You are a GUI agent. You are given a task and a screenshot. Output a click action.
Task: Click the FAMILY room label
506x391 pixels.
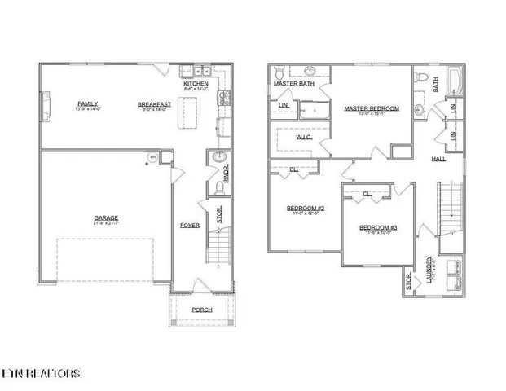(x=88, y=104)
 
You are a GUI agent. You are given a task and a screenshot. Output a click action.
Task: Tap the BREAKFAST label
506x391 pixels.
(x=153, y=104)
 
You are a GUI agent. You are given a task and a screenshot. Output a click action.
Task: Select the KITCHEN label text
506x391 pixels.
(x=196, y=84)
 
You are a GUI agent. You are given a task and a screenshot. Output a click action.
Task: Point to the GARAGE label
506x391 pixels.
(x=106, y=217)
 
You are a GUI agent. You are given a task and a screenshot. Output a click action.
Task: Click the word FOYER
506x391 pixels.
(x=189, y=225)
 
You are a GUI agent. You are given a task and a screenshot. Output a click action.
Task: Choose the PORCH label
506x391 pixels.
(x=201, y=310)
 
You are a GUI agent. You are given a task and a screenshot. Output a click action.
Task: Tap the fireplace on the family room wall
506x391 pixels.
(x=45, y=105)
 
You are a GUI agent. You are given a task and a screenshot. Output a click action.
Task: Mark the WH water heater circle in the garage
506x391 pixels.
(x=151, y=156)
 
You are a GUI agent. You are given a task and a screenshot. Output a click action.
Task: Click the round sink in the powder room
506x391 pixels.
(x=219, y=157)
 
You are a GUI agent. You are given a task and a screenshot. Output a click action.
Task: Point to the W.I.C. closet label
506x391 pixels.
(x=304, y=138)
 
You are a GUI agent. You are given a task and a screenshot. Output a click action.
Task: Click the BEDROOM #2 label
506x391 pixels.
(x=306, y=209)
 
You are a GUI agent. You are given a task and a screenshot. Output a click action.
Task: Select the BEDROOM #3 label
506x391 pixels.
(x=377, y=227)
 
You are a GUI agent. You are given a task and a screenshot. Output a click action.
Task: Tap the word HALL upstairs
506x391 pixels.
(x=438, y=160)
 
